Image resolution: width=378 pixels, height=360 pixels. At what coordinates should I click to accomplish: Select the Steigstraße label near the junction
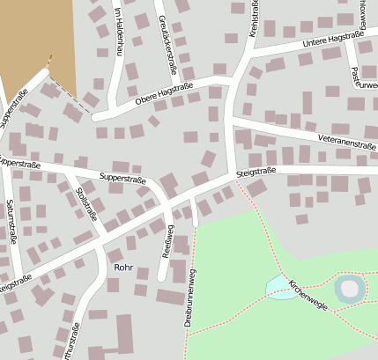(x=256, y=172)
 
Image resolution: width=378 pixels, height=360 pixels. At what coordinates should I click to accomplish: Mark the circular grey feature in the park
(x=350, y=288)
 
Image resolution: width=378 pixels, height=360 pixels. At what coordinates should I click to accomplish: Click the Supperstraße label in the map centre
(x=122, y=178)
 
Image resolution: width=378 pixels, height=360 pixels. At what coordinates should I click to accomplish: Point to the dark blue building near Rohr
(x=114, y=283)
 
